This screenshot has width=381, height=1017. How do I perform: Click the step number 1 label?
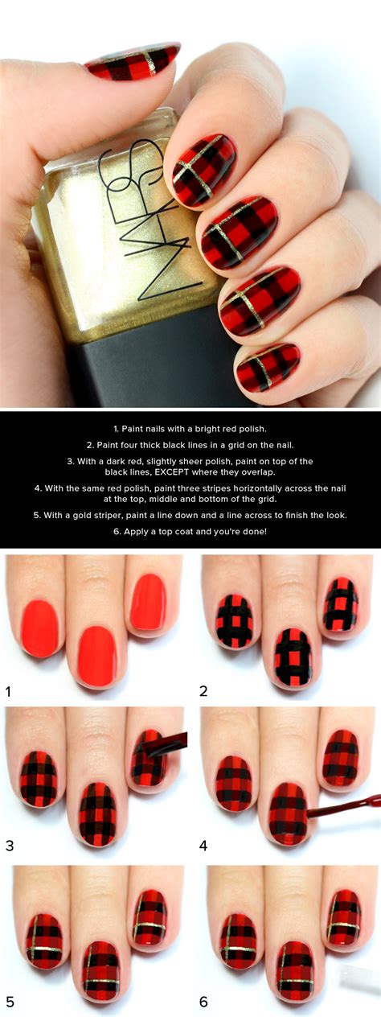(8, 691)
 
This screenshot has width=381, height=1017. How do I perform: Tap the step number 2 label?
(203, 691)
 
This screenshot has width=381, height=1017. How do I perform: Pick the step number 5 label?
(9, 1002)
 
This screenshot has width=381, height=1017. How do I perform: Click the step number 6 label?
(203, 1002)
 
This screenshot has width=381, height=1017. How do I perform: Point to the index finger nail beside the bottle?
(204, 171)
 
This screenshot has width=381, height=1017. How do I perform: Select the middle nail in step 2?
(293, 658)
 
